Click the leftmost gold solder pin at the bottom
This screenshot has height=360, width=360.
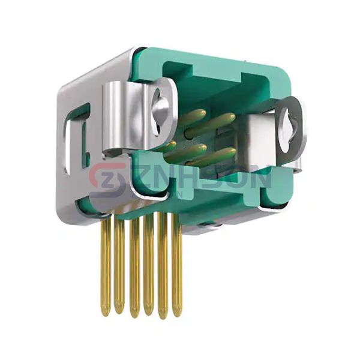106,264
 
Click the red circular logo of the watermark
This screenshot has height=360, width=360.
107,179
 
